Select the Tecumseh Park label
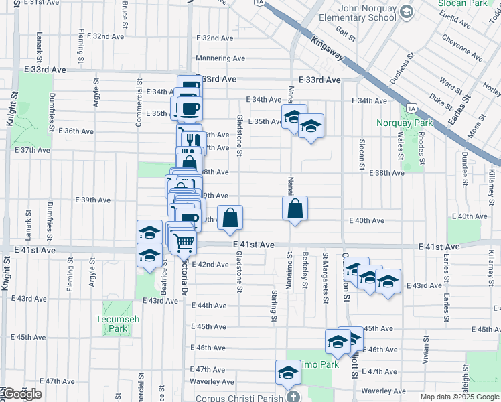[x=118, y=324]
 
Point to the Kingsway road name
[x=328, y=52]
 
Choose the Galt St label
[x=346, y=31]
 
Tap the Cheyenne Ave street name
[x=462, y=47]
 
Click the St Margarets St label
[x=325, y=268]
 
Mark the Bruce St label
[x=125, y=11]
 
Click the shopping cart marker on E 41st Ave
[x=184, y=243]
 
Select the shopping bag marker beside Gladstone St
[x=230, y=218]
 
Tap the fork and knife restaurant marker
[x=190, y=139]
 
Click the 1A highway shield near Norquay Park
[x=411, y=107]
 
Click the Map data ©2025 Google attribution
[x=459, y=397]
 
